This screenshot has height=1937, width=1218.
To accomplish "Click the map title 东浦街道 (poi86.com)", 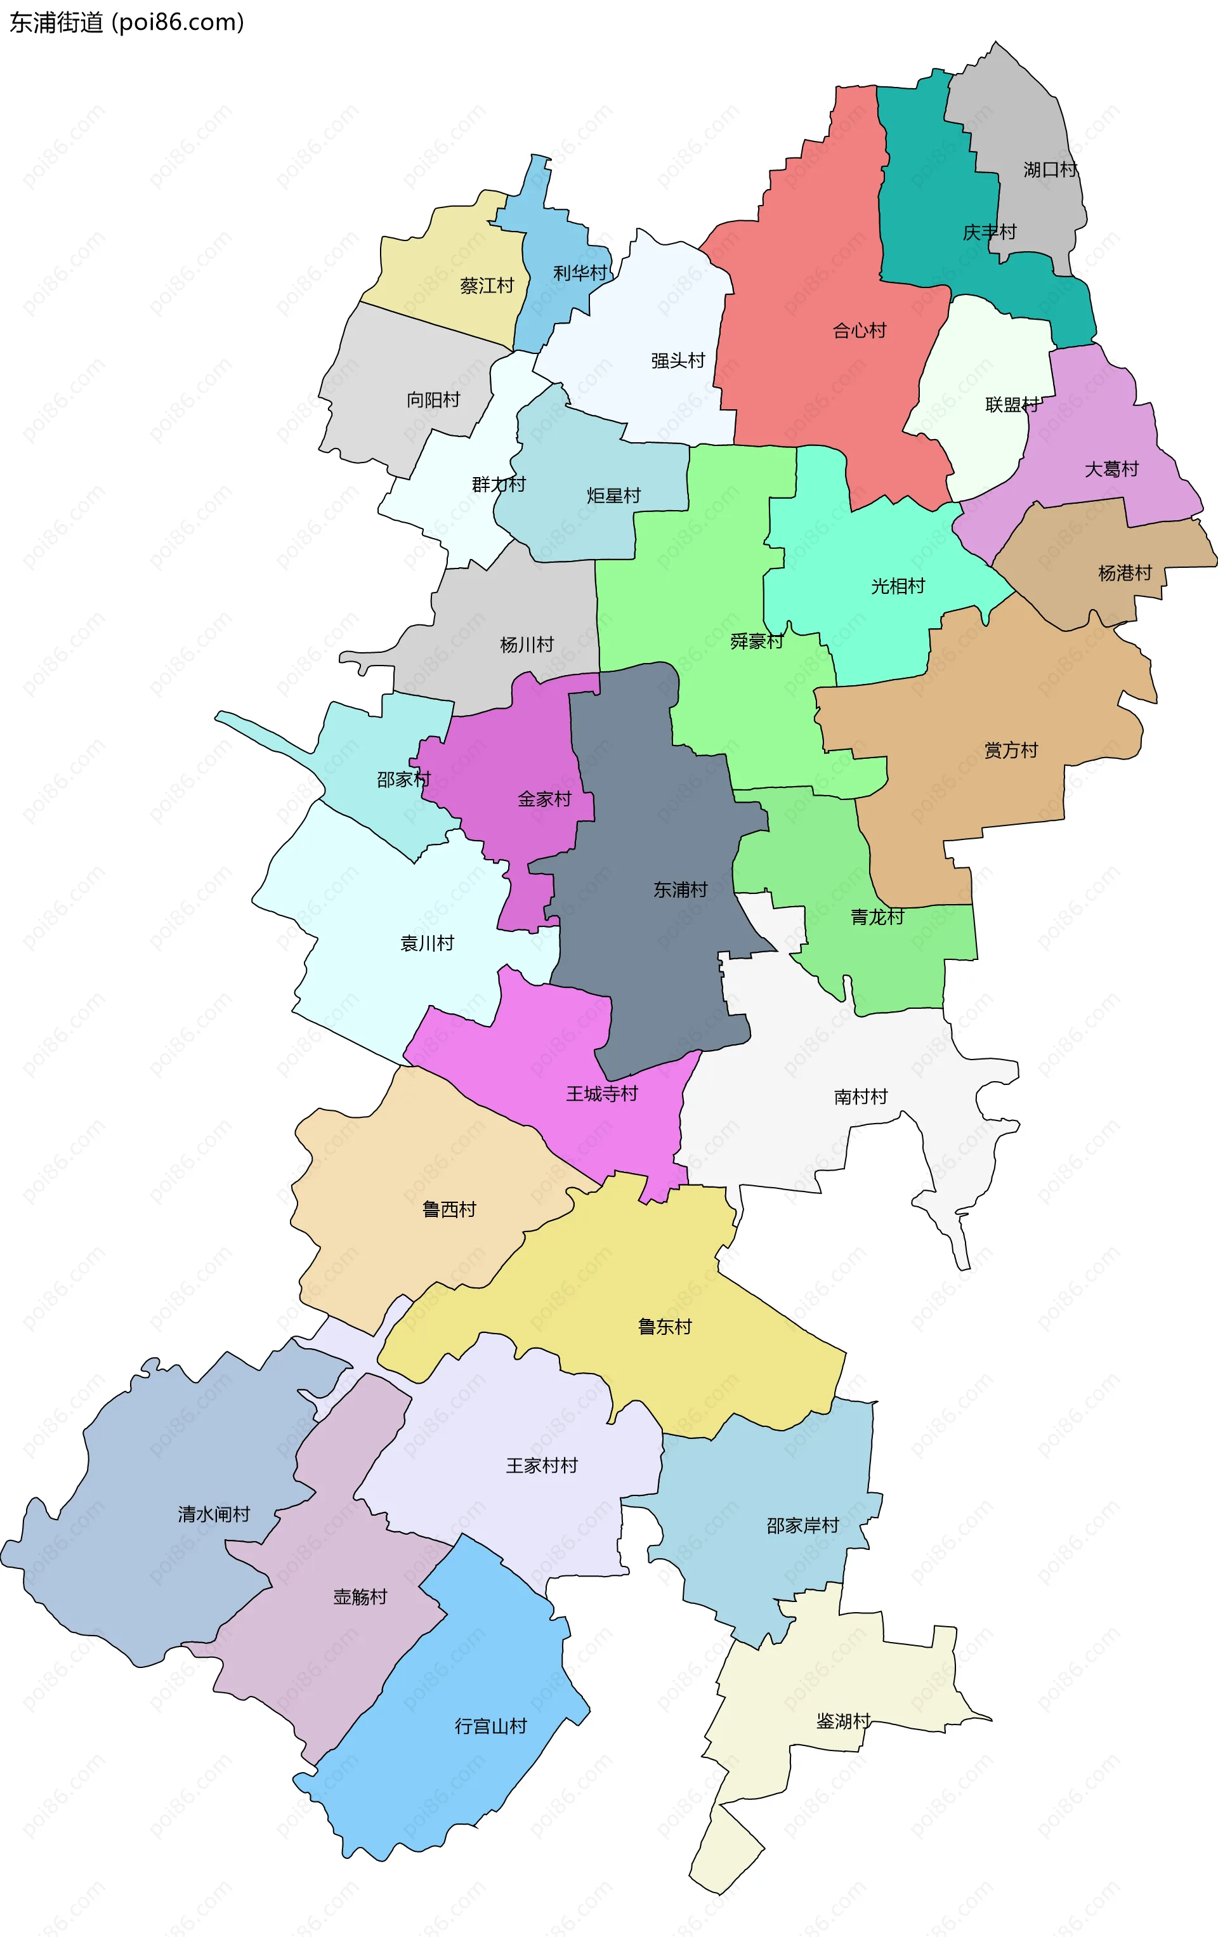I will (126, 23).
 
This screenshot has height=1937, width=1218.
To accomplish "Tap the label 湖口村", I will (1050, 170).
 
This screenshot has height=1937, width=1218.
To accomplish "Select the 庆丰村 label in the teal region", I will (990, 232).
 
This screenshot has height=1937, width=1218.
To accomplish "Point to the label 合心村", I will (859, 331).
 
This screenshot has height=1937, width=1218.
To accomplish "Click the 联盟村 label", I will (1012, 405).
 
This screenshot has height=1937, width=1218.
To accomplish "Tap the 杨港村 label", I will (1125, 573).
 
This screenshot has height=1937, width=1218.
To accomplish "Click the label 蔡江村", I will (487, 286).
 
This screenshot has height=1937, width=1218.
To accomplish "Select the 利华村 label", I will (579, 273).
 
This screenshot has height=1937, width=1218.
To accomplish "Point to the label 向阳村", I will (433, 400).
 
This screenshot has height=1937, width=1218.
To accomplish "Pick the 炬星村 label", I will (613, 496).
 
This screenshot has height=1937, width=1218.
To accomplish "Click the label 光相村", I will (898, 586).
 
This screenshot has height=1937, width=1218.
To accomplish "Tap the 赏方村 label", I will (1011, 751).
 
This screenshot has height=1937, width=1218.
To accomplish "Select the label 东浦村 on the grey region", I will (680, 890).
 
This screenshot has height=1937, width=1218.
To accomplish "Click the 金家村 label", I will (544, 799).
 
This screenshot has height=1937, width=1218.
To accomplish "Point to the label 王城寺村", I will (602, 1094).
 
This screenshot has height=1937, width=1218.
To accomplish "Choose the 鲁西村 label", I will (449, 1209).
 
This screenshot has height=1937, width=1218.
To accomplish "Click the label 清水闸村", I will (214, 1514).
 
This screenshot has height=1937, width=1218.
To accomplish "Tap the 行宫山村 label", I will (491, 1726).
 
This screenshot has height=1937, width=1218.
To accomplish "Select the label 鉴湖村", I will (843, 1721).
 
